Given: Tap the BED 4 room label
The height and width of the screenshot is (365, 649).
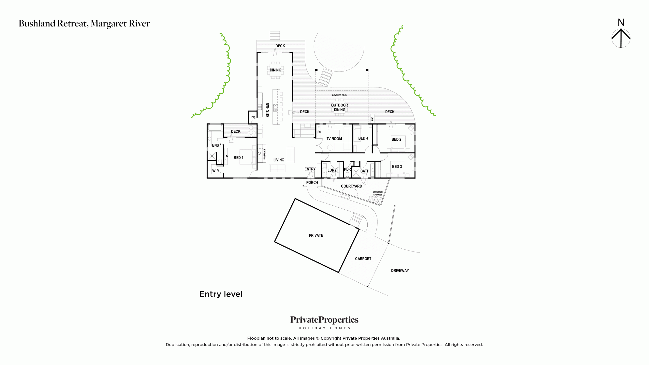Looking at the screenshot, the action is (x=363, y=138).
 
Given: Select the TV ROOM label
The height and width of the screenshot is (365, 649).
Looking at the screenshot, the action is (x=334, y=139).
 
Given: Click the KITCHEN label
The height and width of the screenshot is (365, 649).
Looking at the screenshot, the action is (x=267, y=110).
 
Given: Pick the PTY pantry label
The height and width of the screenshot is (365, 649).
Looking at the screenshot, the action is (x=253, y=117).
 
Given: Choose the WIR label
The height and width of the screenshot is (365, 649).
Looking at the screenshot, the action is (x=215, y=171).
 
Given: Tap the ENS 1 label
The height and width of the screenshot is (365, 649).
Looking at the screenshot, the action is (x=217, y=145).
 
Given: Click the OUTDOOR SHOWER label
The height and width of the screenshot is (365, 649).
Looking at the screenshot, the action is (x=377, y=193).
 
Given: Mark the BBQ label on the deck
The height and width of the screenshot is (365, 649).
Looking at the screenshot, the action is (x=372, y=119).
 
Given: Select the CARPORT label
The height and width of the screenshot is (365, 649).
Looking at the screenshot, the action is (x=363, y=259).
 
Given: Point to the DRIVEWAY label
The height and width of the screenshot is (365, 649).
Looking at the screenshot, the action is (x=400, y=271).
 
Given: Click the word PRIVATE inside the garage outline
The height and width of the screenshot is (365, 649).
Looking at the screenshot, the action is (x=316, y=235).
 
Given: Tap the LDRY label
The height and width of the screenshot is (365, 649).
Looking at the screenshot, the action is (x=332, y=170).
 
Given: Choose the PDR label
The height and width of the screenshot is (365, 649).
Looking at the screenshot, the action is (x=347, y=169).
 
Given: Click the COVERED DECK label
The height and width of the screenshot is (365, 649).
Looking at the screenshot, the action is (x=339, y=95).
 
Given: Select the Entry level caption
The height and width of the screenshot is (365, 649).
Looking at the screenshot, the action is (x=221, y=294).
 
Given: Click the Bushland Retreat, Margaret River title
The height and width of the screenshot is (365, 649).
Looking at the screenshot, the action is (x=84, y=24).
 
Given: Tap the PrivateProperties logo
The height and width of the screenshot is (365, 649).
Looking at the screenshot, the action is (x=324, y=322).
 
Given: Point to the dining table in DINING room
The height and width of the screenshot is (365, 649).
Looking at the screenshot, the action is (x=275, y=70).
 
